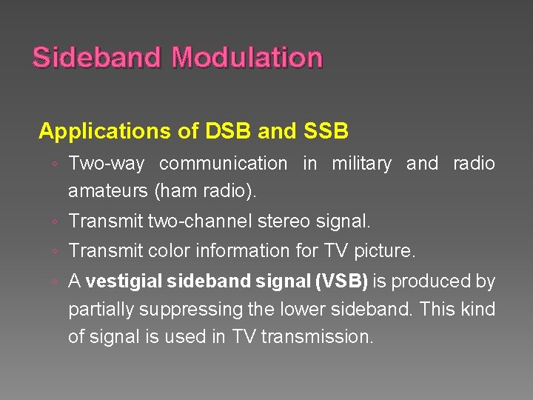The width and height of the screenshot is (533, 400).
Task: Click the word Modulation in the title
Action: coord(247,58)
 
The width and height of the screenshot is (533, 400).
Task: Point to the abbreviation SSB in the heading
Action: coord(326,132)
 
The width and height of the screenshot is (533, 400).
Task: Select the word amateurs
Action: coord(108,191)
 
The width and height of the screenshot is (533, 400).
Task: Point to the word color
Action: coord(170,251)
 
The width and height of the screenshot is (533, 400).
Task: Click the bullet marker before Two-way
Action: coord(56,164)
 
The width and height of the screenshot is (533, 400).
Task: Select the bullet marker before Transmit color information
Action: coord(56,252)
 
